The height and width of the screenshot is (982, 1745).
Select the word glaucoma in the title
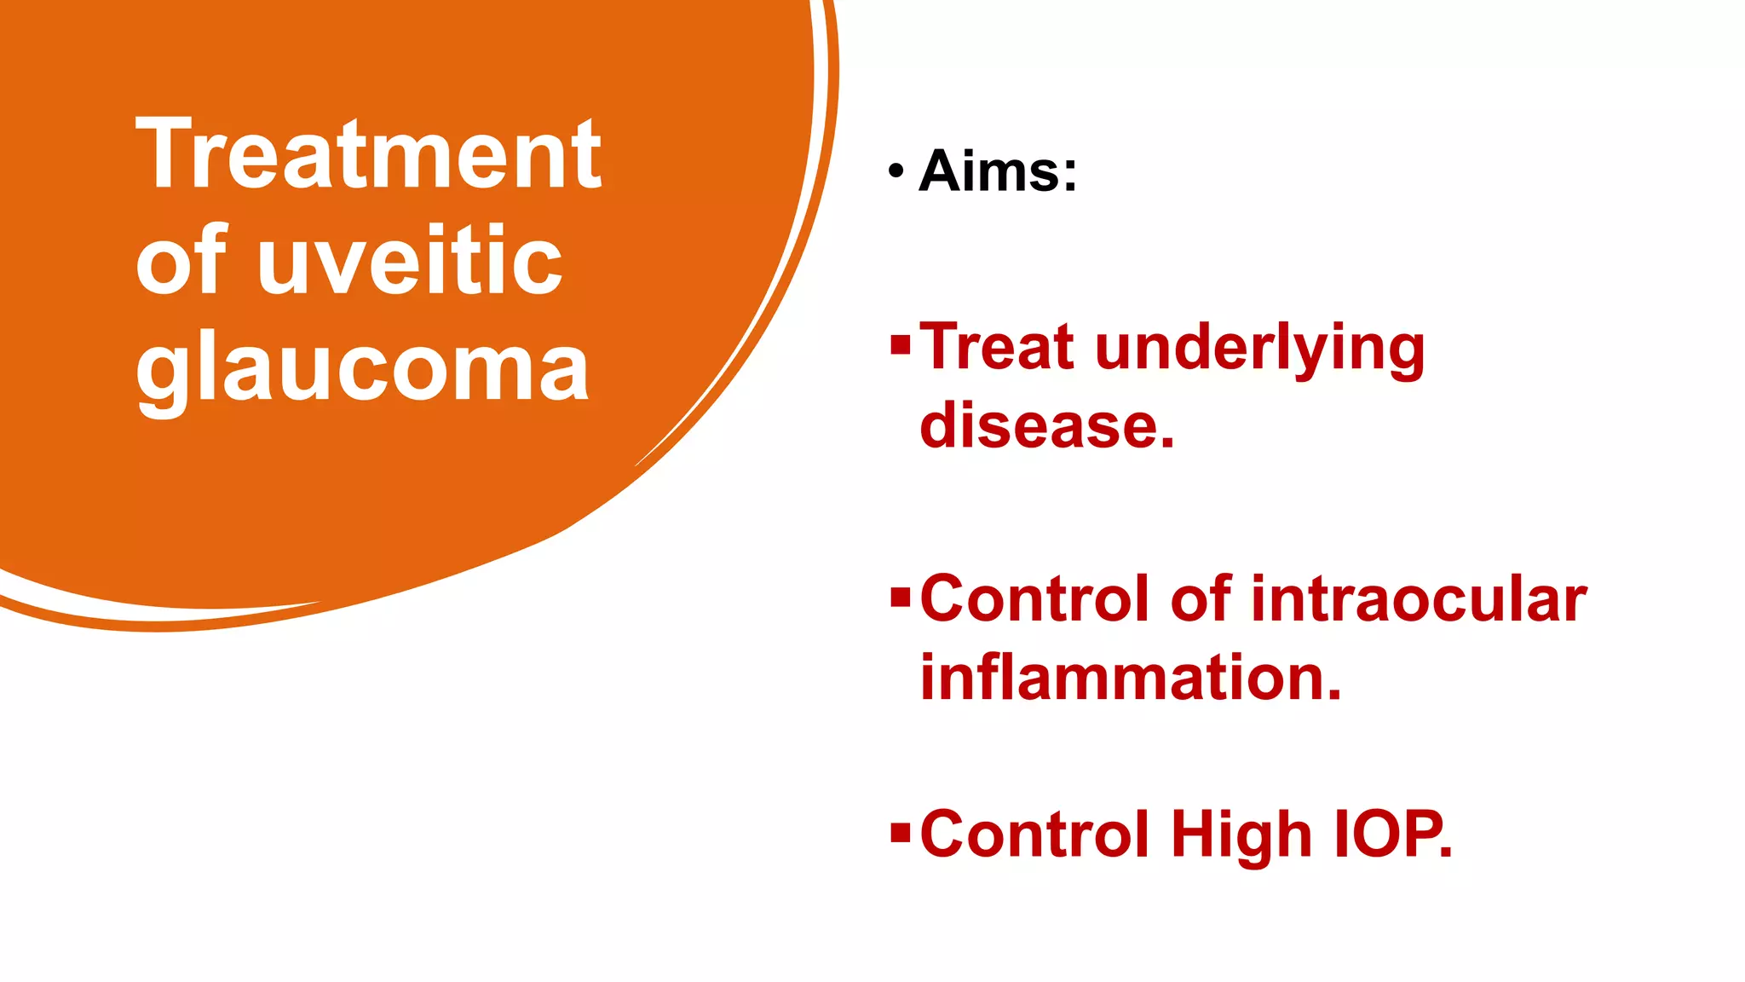tap(362, 368)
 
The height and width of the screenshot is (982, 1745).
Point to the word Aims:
tap(998, 171)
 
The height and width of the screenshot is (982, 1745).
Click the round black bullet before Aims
tap(895, 171)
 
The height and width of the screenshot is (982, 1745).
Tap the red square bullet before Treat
tap(900, 346)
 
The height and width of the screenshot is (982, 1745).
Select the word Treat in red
tap(997, 347)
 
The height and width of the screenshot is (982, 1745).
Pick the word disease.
tap(1046, 425)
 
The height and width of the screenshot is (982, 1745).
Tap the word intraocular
tap(1419, 598)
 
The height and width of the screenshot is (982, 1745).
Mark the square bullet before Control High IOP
tap(900, 832)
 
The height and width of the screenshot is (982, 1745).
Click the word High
tap(1241, 835)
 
